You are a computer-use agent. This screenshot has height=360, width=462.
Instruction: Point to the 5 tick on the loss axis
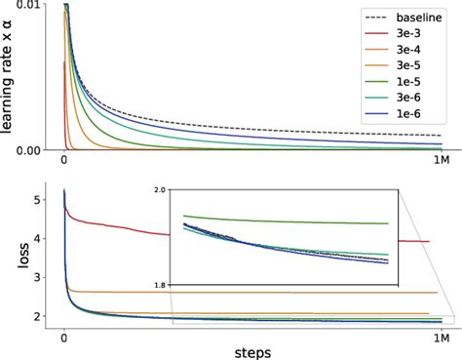pos(36,199)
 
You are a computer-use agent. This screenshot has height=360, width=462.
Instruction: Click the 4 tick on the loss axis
pos(36,238)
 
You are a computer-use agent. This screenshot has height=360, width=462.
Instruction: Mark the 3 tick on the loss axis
pos(36,277)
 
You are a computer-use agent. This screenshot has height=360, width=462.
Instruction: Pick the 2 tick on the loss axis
pos(36,316)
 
